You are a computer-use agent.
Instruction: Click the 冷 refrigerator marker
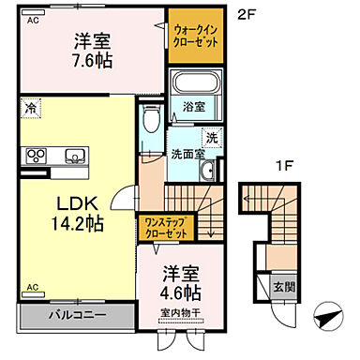coord(32,108)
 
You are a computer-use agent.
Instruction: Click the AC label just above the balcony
coord(31,287)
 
